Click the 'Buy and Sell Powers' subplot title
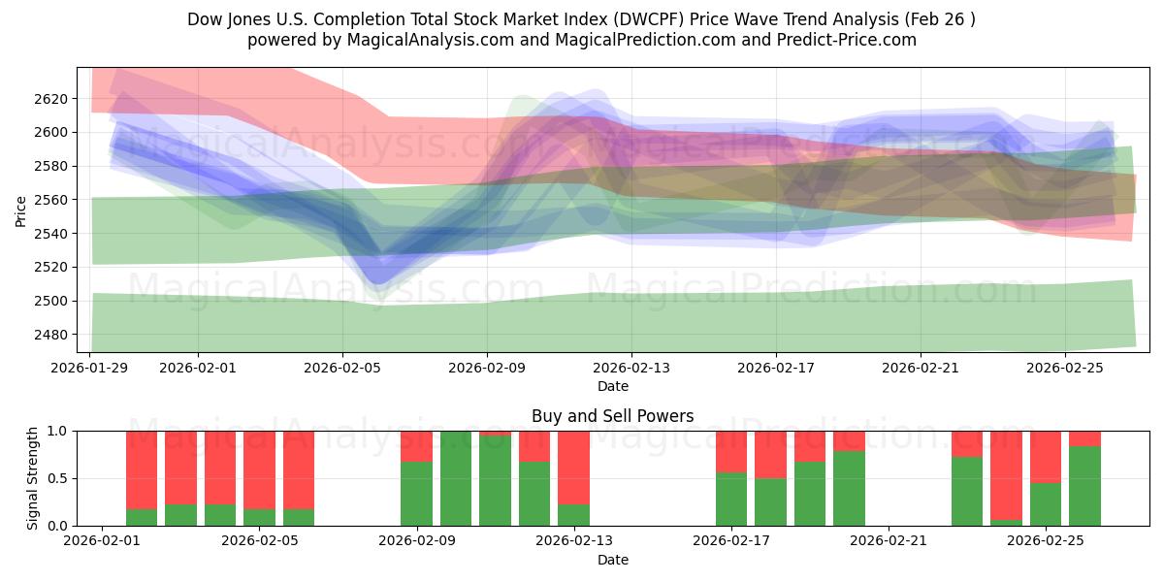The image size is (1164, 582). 612,416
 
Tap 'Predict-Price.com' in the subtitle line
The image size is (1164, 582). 842,40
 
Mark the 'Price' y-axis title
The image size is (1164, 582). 21,210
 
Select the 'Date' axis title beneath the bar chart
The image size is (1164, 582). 612,560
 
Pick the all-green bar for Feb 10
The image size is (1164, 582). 456,478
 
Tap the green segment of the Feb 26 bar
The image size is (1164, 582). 1084,486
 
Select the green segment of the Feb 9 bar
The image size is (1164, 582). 416,494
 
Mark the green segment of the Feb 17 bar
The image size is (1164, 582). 731,500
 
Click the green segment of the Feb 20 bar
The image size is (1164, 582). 849,489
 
